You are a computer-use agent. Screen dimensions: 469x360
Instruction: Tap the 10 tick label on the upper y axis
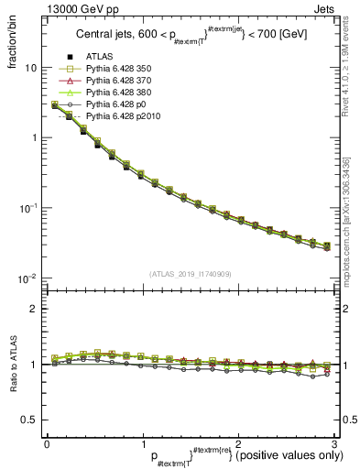[x=30, y=68]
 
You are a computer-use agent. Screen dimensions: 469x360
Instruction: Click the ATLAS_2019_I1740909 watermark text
[x=189, y=274]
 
